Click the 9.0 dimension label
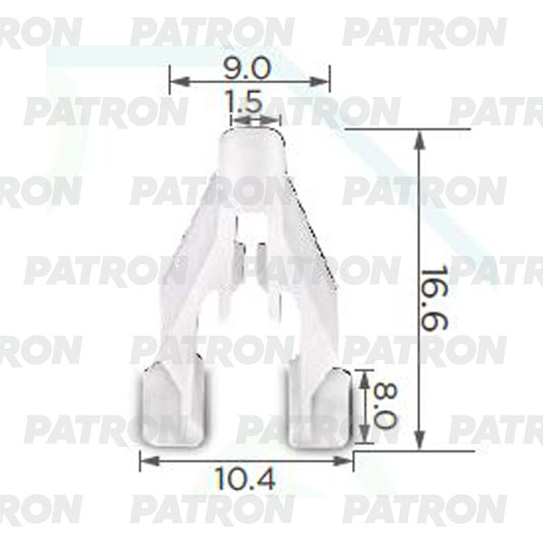[250, 68]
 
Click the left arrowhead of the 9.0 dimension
[174, 81]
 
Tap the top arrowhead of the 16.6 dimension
[418, 136]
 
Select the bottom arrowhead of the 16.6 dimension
[418, 443]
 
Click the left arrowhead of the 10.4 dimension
[144, 461]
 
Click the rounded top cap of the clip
[252, 149]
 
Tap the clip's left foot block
[172, 404]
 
